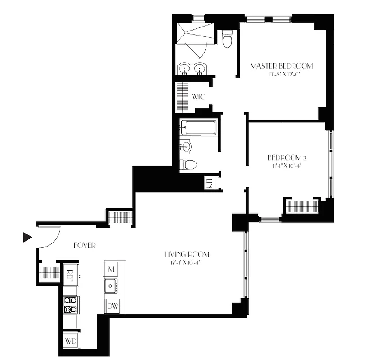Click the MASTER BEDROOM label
pyautogui.click(x=281, y=66)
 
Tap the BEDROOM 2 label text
pyautogui.click(x=287, y=157)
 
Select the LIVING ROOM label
pyautogui.click(x=187, y=254)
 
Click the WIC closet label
pyautogui.click(x=198, y=97)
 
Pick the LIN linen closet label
pyautogui.click(x=210, y=183)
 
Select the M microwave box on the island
pyautogui.click(x=111, y=269)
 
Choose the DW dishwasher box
pyautogui.click(x=112, y=306)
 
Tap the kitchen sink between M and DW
pyautogui.click(x=111, y=285)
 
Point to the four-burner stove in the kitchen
pyautogui.click(x=70, y=304)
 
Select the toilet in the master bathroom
pyautogui.click(x=227, y=40)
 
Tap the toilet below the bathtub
pyautogui.click(x=187, y=164)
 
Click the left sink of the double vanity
pyautogui.click(x=185, y=69)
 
